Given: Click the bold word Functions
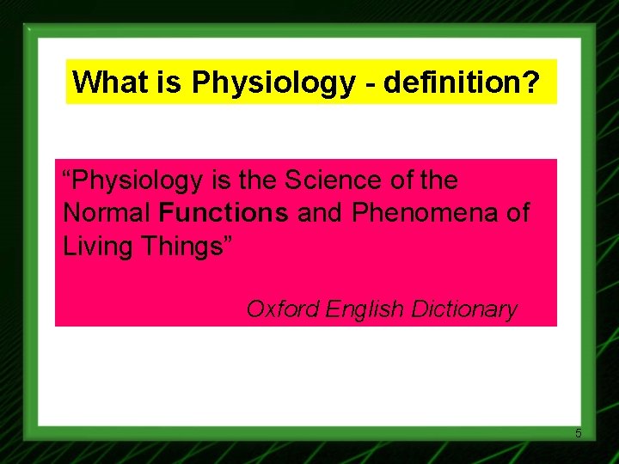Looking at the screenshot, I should (x=224, y=212).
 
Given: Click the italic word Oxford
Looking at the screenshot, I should (x=283, y=309).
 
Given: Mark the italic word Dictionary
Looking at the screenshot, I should (x=465, y=309).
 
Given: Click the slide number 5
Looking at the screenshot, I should (x=579, y=433).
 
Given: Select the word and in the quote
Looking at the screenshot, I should (x=319, y=212).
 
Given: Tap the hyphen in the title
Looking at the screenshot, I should (x=371, y=84).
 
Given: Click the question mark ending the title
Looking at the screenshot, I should (x=531, y=82).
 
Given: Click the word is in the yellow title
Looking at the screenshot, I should (x=172, y=82).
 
